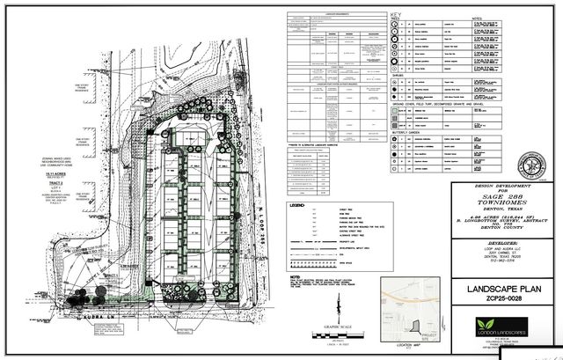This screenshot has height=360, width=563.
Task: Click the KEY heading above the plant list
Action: [396, 16]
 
